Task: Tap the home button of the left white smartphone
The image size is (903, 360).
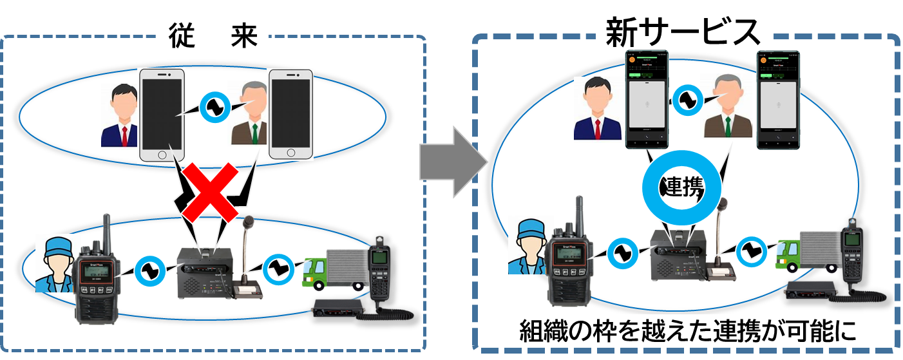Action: pos(162,153)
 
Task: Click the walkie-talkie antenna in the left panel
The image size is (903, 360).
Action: pos(106,232)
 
